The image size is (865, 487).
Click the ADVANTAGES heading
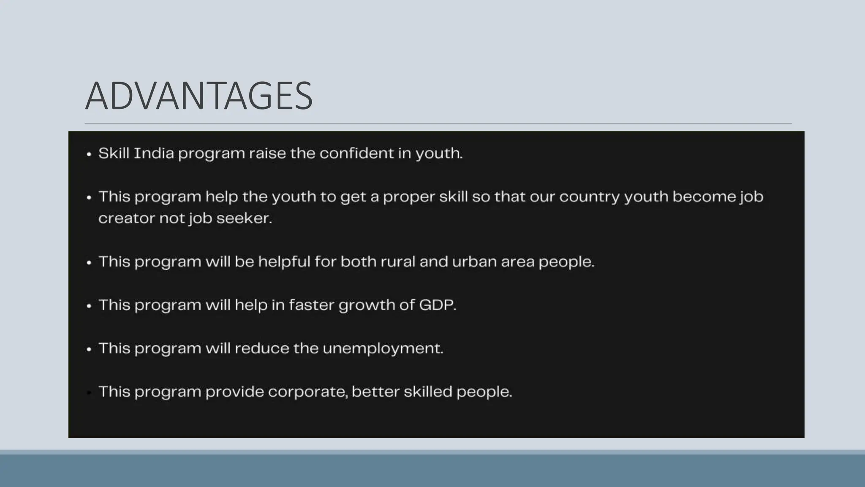199,96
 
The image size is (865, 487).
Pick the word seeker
244,219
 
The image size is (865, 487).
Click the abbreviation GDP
437,305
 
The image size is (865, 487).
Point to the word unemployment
383,349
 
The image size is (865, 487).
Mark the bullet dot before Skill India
89,154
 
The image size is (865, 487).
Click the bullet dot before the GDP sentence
89,306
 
